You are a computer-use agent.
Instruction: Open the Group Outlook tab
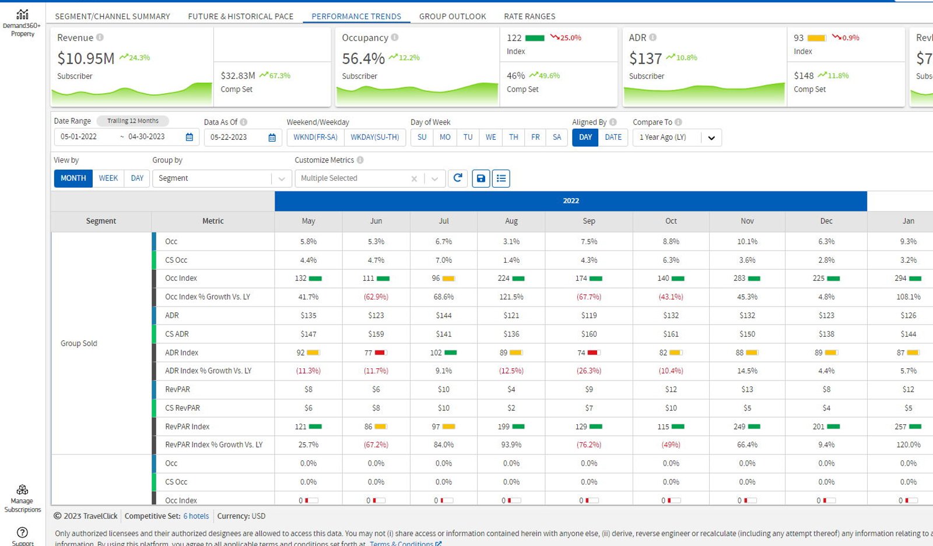453,16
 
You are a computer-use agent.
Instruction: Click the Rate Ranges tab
529,16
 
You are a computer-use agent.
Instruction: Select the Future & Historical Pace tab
241,16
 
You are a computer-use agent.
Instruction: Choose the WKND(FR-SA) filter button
315,138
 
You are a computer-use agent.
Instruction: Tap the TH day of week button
513,138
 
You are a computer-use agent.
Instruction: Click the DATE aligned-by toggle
613,138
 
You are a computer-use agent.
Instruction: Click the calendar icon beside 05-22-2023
272,138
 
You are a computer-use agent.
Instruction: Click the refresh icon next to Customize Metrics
458,178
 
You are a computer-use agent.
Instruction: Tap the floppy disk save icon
480,178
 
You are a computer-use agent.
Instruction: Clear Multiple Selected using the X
414,178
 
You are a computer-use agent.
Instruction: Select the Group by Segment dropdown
222,178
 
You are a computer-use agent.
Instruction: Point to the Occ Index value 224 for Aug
504,278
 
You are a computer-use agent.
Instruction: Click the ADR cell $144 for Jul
444,315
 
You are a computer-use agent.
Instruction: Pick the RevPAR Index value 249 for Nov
739,427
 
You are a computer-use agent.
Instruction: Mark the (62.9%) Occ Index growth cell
376,297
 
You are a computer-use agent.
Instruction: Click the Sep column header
588,221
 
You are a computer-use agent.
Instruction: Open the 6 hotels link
196,516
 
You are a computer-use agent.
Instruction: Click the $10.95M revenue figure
86,58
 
